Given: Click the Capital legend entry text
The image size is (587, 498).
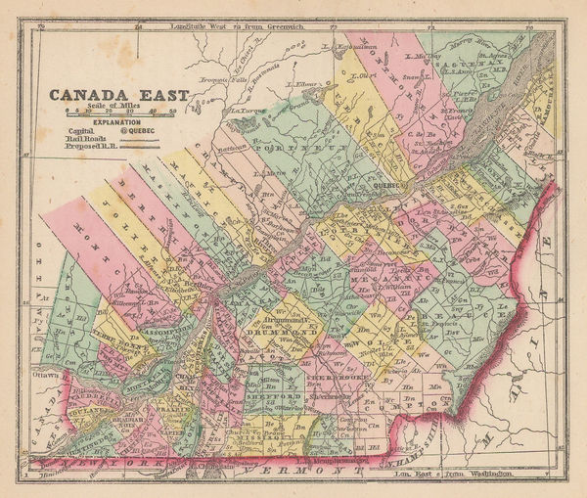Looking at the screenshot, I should (x=82, y=130).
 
